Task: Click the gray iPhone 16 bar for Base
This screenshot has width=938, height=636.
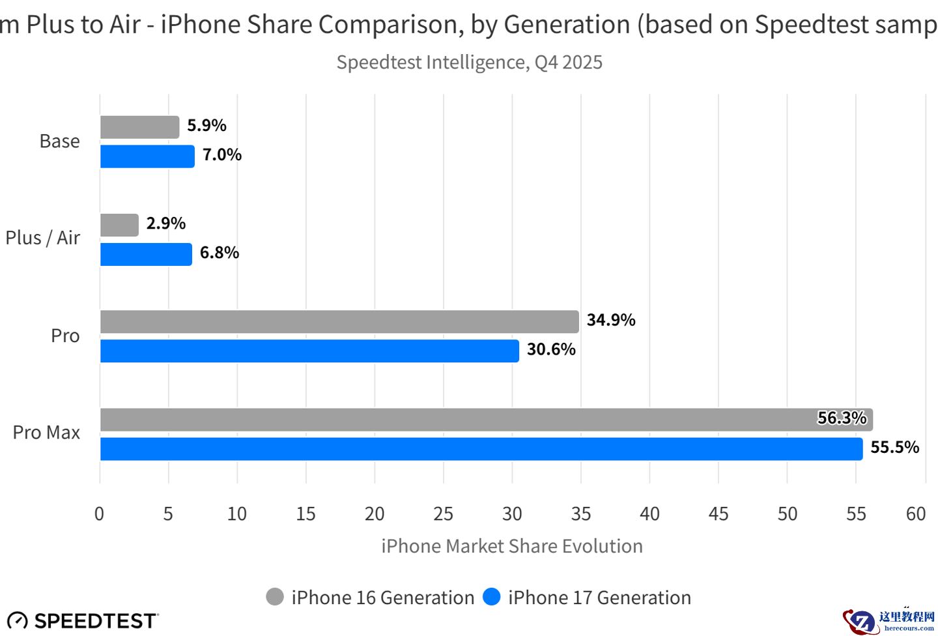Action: click(x=139, y=127)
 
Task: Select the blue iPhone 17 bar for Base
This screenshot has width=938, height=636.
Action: click(x=147, y=156)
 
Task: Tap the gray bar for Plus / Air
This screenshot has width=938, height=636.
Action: click(x=119, y=225)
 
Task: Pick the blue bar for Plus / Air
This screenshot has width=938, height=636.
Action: click(x=146, y=254)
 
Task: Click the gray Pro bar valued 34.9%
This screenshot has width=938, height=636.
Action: click(x=339, y=322)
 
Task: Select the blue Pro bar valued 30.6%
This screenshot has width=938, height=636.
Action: click(x=309, y=351)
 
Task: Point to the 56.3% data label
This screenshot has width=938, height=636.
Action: click(x=842, y=418)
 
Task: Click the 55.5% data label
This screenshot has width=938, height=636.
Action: click(x=894, y=447)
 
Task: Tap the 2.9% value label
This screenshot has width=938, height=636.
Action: click(x=165, y=224)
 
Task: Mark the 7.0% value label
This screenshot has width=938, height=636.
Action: click(x=221, y=154)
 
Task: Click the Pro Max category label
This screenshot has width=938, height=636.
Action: click(x=46, y=433)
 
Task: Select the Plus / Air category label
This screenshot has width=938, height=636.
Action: click(x=43, y=238)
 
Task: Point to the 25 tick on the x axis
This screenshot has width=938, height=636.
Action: click(x=443, y=514)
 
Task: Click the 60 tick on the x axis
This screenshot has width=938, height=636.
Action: click(x=915, y=514)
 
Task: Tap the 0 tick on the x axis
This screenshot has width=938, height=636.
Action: click(x=99, y=514)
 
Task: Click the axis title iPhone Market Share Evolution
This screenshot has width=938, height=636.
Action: click(x=511, y=546)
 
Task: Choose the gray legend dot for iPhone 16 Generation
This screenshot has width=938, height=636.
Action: click(x=275, y=597)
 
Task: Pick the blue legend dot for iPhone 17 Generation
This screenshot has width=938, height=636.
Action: click(x=492, y=597)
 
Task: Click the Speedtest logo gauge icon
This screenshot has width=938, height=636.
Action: click(x=18, y=621)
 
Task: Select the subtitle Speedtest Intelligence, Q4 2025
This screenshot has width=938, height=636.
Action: click(x=469, y=63)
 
